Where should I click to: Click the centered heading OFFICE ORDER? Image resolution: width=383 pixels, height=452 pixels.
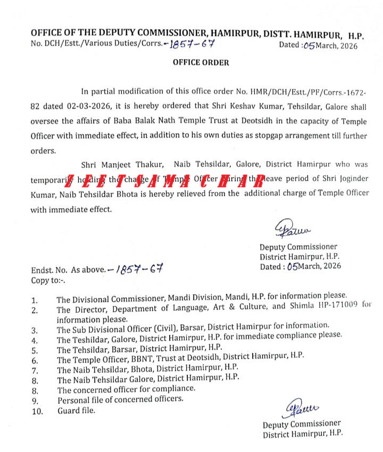201,62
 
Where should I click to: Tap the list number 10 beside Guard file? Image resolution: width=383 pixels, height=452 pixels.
37,410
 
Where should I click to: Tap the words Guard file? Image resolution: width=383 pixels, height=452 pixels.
76,410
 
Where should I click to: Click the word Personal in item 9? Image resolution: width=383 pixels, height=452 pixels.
73,399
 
